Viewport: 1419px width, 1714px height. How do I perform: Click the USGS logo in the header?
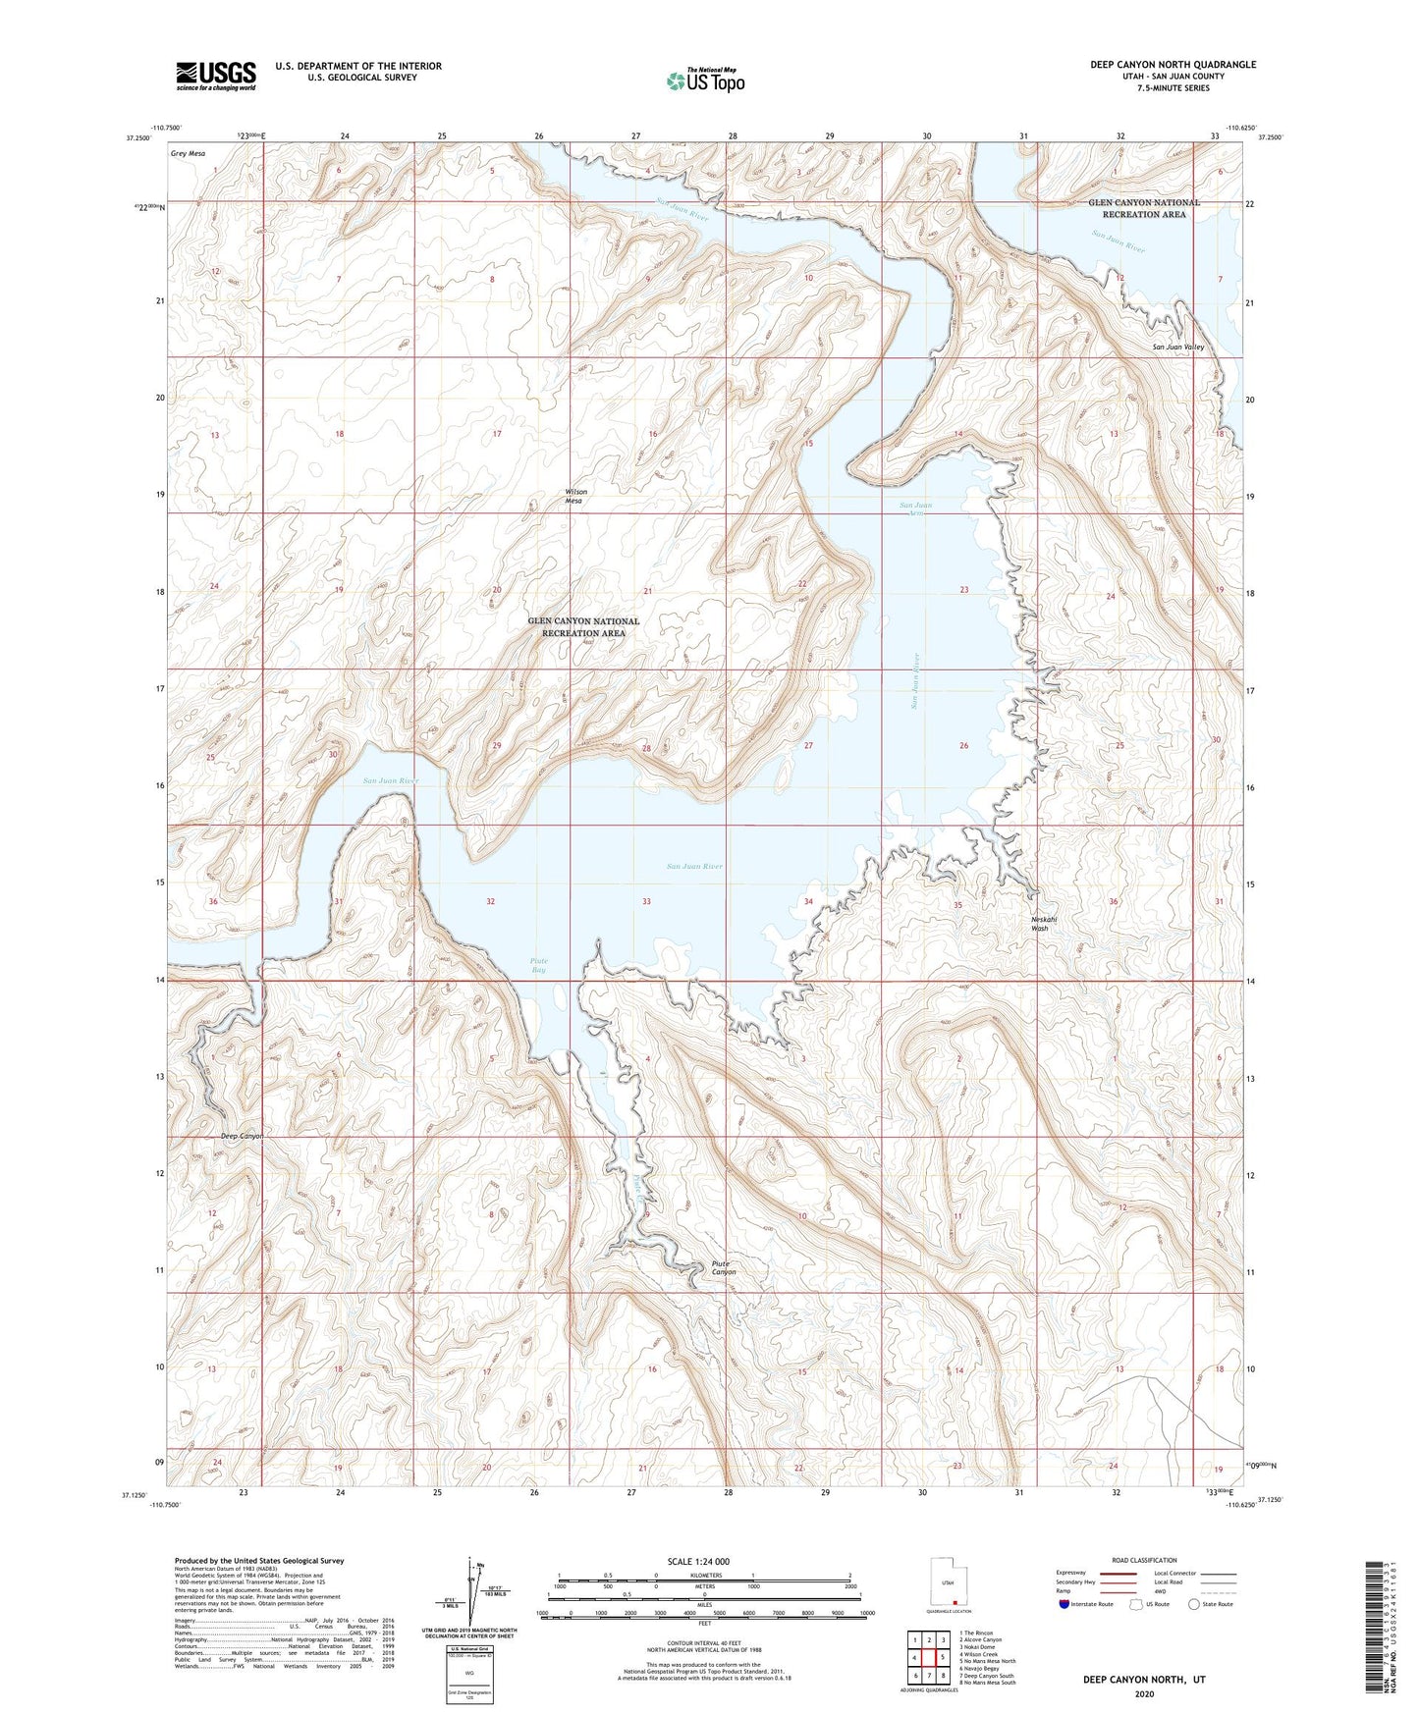coord(216,75)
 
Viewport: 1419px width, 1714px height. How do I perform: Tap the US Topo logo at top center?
coord(705,80)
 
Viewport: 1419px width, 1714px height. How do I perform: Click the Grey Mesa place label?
coord(188,153)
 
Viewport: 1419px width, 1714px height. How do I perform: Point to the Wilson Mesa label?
coord(575,496)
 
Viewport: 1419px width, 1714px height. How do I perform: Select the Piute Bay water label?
coord(538,965)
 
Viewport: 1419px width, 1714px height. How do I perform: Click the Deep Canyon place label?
coord(241,1136)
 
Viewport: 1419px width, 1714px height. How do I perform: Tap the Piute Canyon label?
coord(724,1267)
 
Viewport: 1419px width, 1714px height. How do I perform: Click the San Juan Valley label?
coord(1177,348)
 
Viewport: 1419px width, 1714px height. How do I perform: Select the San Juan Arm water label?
coord(916,509)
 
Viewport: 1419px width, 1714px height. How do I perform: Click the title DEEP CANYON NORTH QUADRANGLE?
coord(1173,65)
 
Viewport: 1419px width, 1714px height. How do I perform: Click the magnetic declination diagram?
coord(477,1593)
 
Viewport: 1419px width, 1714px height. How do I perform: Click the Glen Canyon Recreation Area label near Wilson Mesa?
coord(583,626)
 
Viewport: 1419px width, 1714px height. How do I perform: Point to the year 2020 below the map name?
coord(1144,1693)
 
